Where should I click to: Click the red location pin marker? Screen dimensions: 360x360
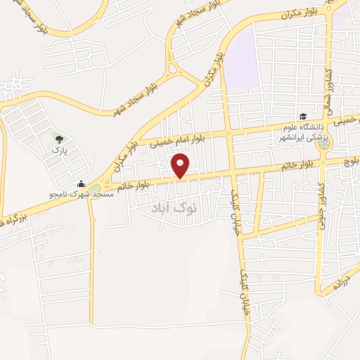tap(181, 166)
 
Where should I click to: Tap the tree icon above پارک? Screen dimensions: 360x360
tap(58, 139)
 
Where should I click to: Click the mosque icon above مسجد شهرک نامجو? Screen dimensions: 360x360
tap(82, 184)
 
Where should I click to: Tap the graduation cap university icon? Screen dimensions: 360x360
tap(303, 116)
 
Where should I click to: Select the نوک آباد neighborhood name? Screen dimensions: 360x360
tap(175, 209)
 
